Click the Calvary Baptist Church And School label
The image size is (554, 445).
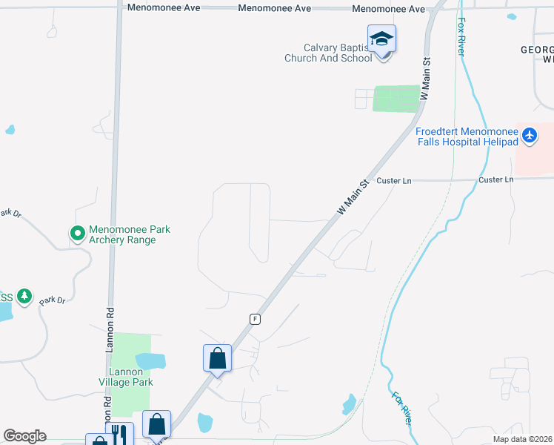(328, 53)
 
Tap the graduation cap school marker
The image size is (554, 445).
(381, 39)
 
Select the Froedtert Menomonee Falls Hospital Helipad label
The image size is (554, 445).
(467, 136)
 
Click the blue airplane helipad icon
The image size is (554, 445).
(529, 136)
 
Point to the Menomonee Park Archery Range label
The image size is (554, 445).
(130, 234)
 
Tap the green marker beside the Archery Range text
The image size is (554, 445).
(78, 234)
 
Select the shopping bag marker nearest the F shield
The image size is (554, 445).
(217, 359)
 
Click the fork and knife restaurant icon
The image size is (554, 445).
(119, 435)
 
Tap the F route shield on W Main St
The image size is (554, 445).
(255, 318)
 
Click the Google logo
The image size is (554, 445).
(24, 436)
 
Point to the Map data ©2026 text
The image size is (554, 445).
(523, 439)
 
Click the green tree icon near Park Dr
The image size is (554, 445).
(24, 297)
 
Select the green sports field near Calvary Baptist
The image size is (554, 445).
(396, 99)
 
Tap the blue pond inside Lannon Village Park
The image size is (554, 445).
(150, 361)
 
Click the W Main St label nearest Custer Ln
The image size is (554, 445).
(353, 197)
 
